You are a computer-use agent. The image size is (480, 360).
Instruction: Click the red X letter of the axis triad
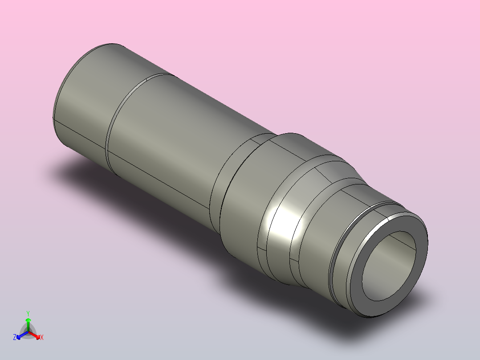[42, 338]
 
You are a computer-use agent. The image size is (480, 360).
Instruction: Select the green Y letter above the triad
[28, 313]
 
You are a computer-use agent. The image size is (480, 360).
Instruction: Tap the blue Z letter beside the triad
[15, 338]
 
